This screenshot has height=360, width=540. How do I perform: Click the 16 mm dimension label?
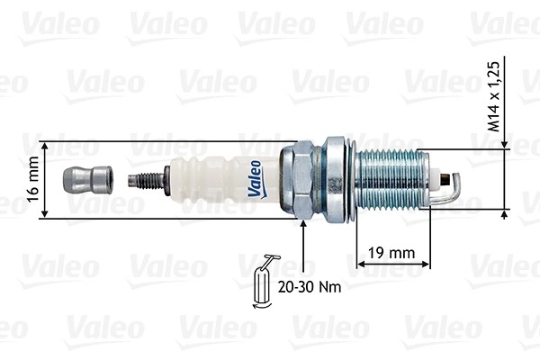pyautogui.click(x=33, y=179)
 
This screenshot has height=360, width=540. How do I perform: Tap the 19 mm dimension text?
pyautogui.click(x=391, y=253)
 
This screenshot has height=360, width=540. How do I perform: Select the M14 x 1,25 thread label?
pyautogui.click(x=494, y=97)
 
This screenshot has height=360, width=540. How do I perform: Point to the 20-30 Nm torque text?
pyautogui.click(x=310, y=286)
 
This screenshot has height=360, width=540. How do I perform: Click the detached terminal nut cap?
pyautogui.click(x=88, y=180)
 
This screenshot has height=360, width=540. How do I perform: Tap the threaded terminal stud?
pyautogui.click(x=146, y=181)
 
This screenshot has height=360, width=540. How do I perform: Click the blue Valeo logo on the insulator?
pyautogui.click(x=256, y=179)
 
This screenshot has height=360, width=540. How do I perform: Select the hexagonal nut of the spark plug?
pyautogui.click(x=297, y=180)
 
